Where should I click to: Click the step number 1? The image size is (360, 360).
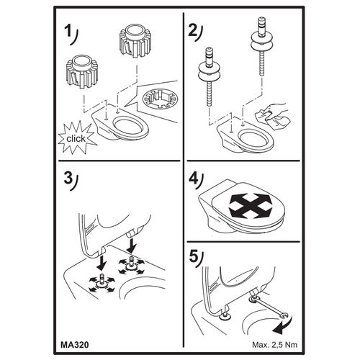[x=68, y=32]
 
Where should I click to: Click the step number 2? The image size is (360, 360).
[x=193, y=30]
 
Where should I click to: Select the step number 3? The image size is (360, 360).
[x=68, y=179]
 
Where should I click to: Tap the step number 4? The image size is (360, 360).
[x=193, y=179]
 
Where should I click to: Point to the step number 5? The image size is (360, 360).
[x=194, y=257]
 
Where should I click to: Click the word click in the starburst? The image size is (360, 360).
[x=76, y=138]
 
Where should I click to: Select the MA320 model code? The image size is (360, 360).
[x=75, y=345]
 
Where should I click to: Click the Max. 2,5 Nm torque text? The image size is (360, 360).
[x=274, y=345]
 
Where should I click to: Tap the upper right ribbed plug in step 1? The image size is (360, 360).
[x=135, y=42]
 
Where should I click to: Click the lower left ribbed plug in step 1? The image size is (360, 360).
[x=82, y=71]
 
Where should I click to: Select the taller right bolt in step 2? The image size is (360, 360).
[x=261, y=47]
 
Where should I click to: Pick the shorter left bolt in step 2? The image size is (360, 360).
[x=210, y=77]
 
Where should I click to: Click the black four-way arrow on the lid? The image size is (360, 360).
[x=251, y=207]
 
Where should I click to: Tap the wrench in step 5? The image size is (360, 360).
[x=269, y=307]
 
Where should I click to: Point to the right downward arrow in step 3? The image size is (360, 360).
[x=132, y=245]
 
